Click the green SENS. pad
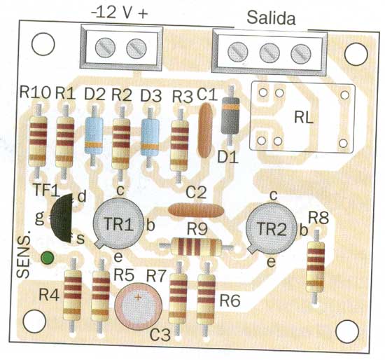(x=47, y=258)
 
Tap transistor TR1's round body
(x=118, y=223)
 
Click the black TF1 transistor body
(x=62, y=218)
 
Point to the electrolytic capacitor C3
(x=138, y=307)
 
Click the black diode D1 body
(x=230, y=116)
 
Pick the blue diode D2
(x=94, y=136)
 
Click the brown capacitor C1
(x=205, y=130)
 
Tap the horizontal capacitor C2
(x=196, y=210)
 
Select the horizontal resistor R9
(x=196, y=247)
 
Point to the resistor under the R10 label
(x=38, y=141)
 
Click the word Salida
(x=271, y=18)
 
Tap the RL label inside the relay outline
(x=304, y=118)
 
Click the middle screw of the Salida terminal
(x=269, y=53)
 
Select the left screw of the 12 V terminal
(x=105, y=48)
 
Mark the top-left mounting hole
(x=43, y=45)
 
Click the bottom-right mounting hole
(x=347, y=331)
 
